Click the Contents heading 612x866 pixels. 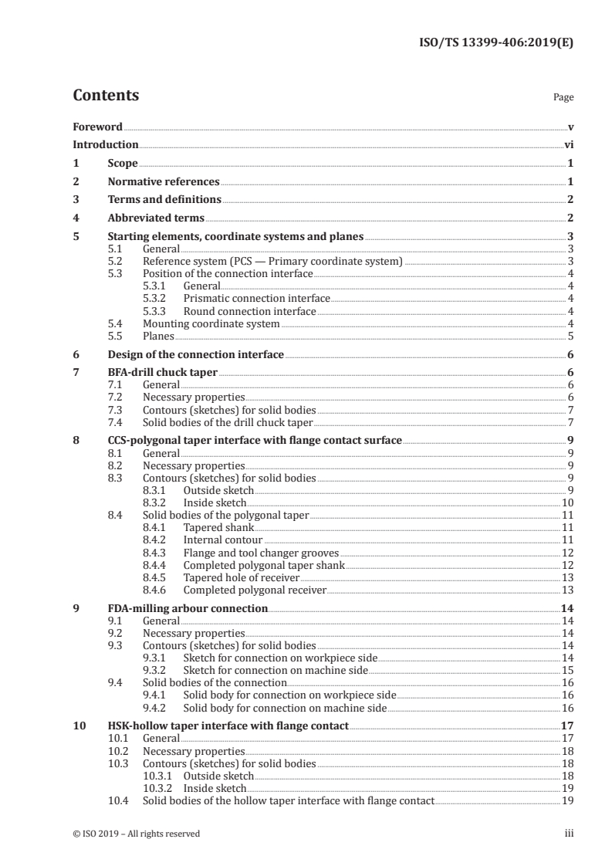point(106,96)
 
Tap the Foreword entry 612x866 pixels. point(97,127)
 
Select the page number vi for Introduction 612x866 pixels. point(569,144)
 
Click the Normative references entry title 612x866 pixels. point(164,182)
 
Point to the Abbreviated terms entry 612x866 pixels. point(156,218)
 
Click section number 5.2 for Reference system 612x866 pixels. point(115,262)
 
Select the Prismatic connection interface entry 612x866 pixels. point(256,299)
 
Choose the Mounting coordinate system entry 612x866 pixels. point(211,324)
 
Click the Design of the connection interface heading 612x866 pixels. point(195,355)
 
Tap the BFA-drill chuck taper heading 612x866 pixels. point(162,373)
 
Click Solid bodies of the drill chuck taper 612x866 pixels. point(228,422)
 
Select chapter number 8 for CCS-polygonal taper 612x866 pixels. point(76,441)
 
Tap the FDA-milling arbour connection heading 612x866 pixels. point(188,608)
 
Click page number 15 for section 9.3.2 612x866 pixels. point(567,671)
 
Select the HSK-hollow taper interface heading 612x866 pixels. point(228,726)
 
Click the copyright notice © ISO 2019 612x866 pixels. point(137,834)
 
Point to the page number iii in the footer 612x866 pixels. point(570,834)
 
